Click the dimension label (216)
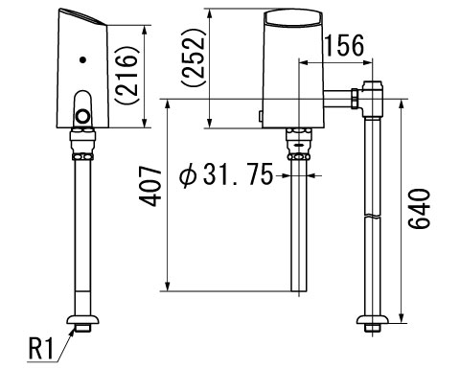[x=126, y=76]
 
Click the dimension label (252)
[x=192, y=57]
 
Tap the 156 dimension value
[x=344, y=45]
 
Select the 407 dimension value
[x=150, y=186]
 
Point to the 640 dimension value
[x=420, y=209]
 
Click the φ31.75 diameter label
[x=226, y=174]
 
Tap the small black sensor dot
[x=83, y=59]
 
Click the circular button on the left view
[x=83, y=116]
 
